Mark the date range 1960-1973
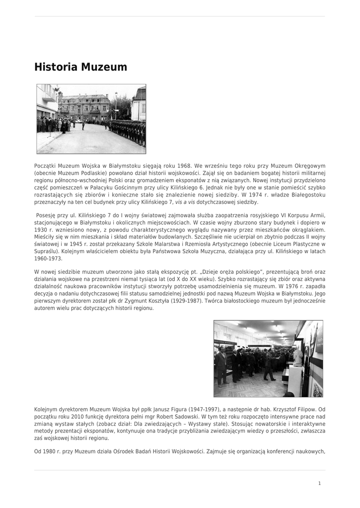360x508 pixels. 48,258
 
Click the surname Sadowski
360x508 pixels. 186,417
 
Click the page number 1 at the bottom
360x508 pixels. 319,483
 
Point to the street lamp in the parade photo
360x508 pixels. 116,104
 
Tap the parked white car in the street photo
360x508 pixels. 78,121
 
